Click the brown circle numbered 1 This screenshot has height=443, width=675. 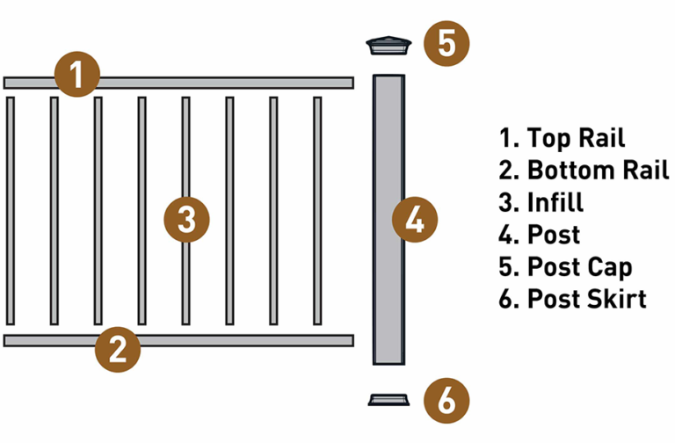click(77, 75)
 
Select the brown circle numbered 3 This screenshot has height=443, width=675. click(187, 219)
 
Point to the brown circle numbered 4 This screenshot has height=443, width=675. click(415, 219)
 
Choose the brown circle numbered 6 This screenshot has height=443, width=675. click(447, 402)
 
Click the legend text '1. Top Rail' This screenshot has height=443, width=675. click(562, 138)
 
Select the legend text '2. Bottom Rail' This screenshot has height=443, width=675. click(584, 170)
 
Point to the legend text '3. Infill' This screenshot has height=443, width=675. click(541, 201)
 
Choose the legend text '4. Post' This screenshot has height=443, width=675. click(540, 234)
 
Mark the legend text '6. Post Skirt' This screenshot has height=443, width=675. click(572, 298)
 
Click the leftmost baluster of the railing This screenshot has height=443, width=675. click(11, 211)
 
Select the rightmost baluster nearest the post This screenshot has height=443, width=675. click(317, 211)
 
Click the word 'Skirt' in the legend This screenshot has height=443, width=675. click(615, 298)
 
